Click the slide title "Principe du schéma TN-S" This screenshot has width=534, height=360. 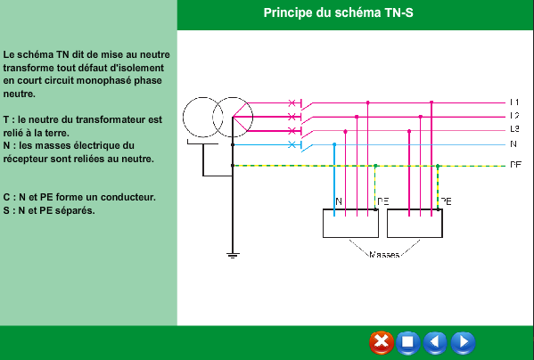(338, 13)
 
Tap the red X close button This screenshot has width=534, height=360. (381, 342)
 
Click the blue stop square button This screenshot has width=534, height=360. (407, 342)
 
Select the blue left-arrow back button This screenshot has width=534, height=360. (435, 342)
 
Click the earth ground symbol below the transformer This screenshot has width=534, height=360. (233, 255)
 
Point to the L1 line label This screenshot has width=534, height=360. (514, 102)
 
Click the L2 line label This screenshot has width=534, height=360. (514, 116)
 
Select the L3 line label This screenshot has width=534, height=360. (514, 129)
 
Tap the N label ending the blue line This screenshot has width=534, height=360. (513, 144)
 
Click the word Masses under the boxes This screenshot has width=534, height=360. (384, 255)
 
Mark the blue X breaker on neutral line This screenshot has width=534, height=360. (292, 144)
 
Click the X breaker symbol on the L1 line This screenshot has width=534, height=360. (292, 102)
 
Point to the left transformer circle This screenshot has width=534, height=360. (183, 118)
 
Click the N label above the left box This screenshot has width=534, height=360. (339, 201)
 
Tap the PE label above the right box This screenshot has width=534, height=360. (446, 201)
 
